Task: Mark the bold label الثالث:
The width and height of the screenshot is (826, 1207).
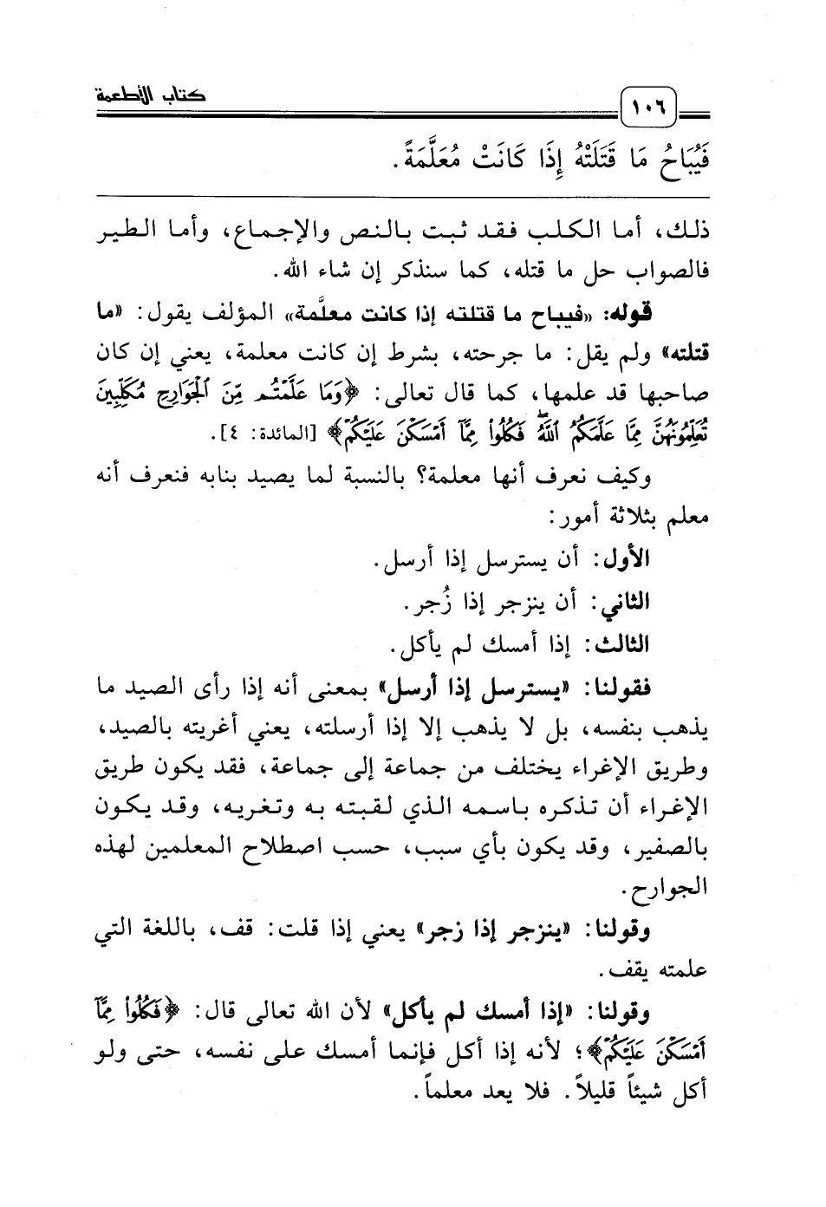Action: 615,644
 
